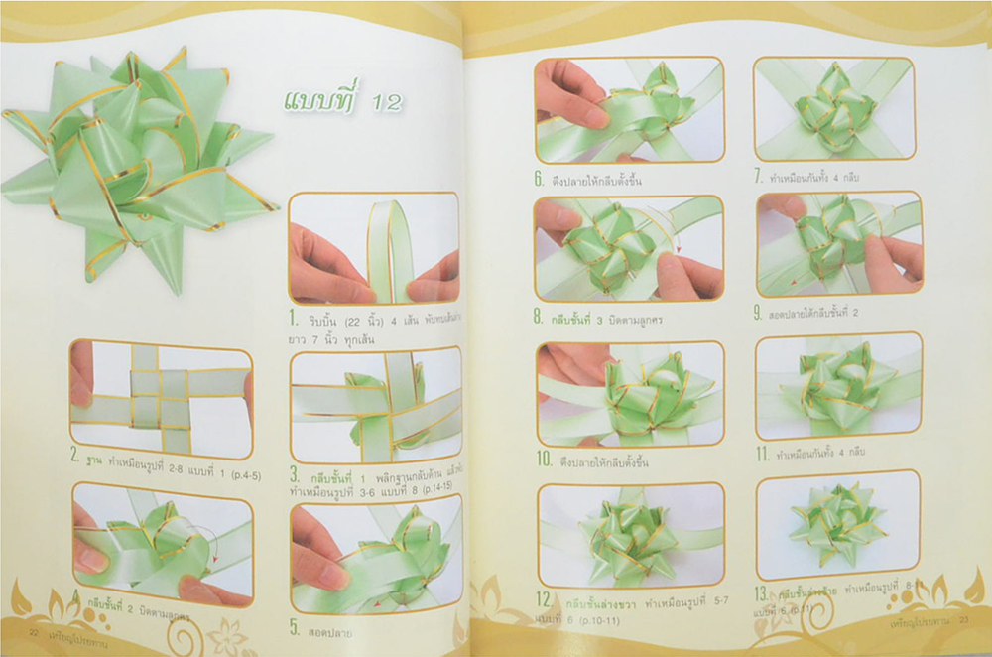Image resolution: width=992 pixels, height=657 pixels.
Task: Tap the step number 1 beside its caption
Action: [x=295, y=320]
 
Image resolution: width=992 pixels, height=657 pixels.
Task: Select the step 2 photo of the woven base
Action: [x=162, y=396]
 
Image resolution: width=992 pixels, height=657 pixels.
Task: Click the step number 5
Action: [x=295, y=626]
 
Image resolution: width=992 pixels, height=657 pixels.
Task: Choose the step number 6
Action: [x=538, y=181]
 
